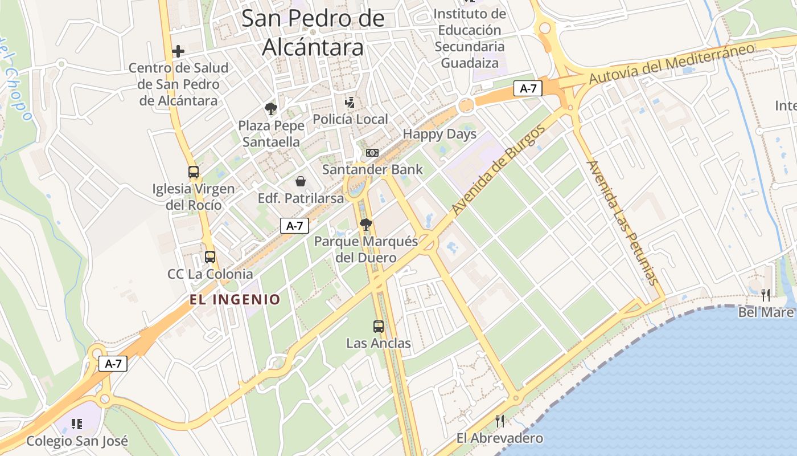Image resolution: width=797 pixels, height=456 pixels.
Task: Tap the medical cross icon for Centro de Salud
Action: pyautogui.click(x=178, y=51)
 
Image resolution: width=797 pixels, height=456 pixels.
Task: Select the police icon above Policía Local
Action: pyautogui.click(x=350, y=103)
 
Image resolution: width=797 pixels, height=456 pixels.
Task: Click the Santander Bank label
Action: pyautogui.click(x=373, y=169)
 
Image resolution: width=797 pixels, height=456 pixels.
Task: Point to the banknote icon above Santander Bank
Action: pyautogui.click(x=372, y=153)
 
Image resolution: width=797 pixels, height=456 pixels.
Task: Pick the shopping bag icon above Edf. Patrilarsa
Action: pyautogui.click(x=301, y=182)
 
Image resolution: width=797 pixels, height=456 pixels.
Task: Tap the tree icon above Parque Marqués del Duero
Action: pyautogui.click(x=366, y=225)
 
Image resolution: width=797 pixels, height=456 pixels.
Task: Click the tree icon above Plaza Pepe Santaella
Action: pyautogui.click(x=271, y=109)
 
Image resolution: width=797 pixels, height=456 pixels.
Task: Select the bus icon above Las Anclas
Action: pyautogui.click(x=379, y=327)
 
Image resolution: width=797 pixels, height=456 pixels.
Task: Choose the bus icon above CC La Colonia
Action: pyautogui.click(x=210, y=257)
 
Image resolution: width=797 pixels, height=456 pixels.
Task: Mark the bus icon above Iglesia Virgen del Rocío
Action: pyautogui.click(x=194, y=172)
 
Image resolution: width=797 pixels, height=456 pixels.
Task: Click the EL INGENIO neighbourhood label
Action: pyautogui.click(x=235, y=299)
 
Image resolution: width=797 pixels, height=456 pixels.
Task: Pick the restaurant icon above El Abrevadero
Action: pyautogui.click(x=500, y=421)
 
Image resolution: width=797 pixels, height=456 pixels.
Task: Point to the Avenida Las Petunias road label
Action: pyautogui.click(x=622, y=222)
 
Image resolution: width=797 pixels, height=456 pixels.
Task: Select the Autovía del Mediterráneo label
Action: pyautogui.click(x=672, y=63)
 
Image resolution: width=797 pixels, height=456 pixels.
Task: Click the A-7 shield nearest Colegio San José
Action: pyautogui.click(x=113, y=364)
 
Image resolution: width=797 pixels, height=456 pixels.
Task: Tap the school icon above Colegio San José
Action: pyautogui.click(x=77, y=424)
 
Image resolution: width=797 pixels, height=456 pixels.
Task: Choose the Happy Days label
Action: pyautogui.click(x=439, y=135)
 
